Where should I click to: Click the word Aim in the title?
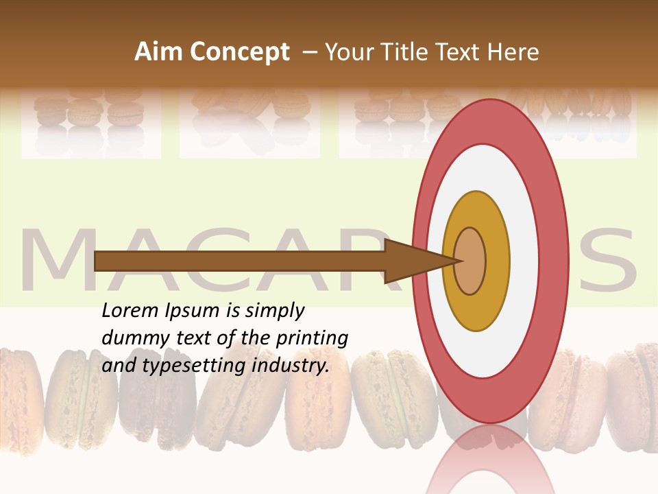(x=159, y=52)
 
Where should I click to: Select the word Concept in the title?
(x=239, y=52)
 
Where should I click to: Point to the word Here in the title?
(x=513, y=52)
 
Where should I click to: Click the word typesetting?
(x=183, y=366)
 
